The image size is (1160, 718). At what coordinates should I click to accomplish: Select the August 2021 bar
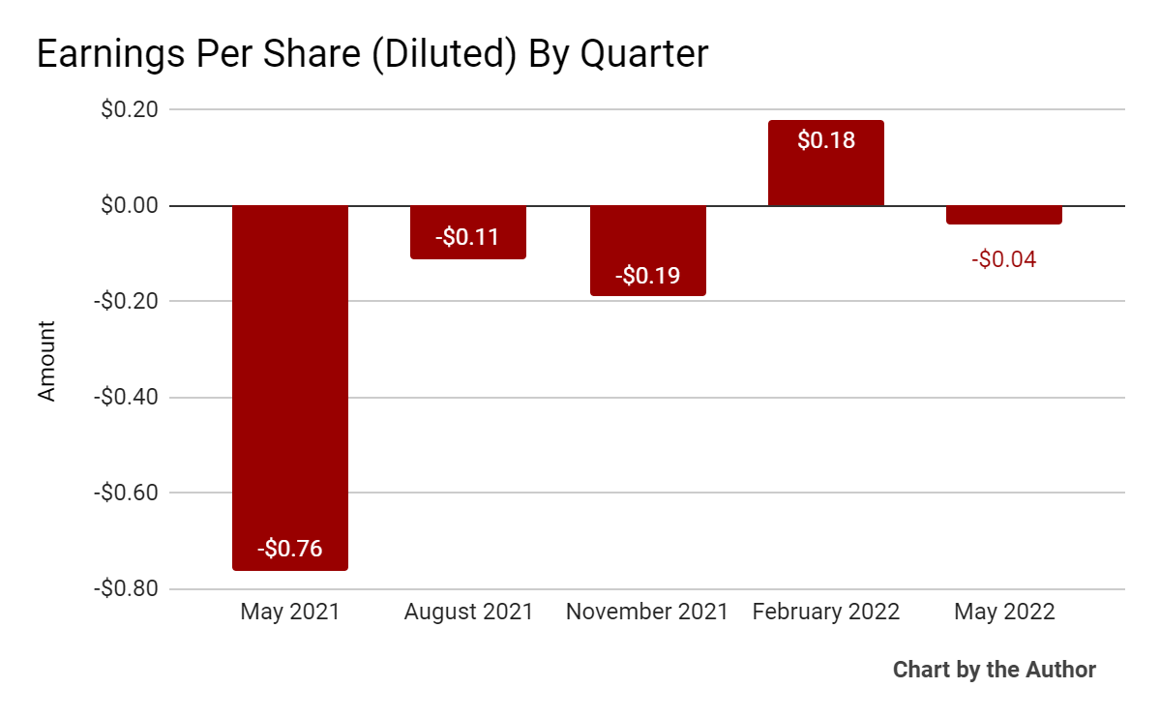(468, 232)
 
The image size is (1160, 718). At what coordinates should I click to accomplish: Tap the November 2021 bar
(647, 251)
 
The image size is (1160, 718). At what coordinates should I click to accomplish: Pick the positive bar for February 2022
(826, 163)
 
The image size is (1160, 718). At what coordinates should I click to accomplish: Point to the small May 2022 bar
(1004, 215)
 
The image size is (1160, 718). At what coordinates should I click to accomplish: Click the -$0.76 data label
(289, 549)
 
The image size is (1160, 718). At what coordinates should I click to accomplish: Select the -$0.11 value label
(468, 237)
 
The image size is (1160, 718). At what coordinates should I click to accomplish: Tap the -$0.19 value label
(647, 276)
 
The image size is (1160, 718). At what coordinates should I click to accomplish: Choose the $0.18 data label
(826, 140)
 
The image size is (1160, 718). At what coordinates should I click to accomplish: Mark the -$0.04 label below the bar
(1004, 259)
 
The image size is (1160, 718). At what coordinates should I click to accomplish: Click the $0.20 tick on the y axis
(130, 109)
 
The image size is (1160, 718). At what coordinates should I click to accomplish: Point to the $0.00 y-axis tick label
(130, 205)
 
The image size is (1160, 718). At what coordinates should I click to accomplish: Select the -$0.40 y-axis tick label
(125, 397)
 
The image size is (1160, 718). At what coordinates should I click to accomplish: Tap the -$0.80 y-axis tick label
(125, 588)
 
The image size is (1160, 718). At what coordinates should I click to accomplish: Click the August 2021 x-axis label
(468, 613)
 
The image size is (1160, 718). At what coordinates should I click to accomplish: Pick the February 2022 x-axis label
(826, 613)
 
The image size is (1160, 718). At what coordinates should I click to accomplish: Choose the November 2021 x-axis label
(647, 613)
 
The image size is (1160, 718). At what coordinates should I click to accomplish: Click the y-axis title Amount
(47, 361)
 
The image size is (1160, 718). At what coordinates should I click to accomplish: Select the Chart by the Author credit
(994, 670)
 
